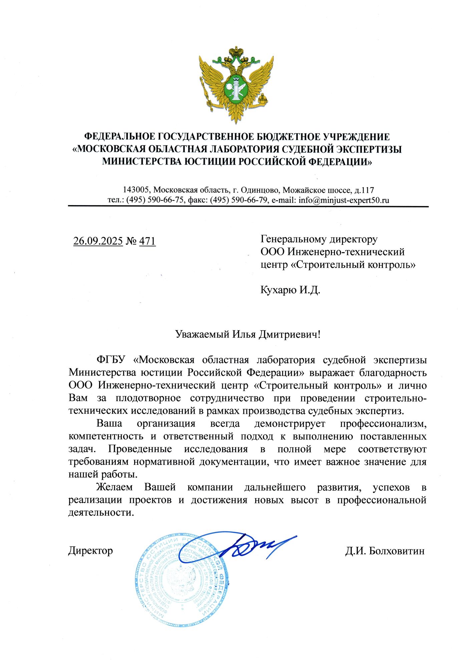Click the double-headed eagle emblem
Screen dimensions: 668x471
(x=236, y=85)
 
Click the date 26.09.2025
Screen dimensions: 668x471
(x=98, y=241)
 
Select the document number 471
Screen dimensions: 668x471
(x=147, y=241)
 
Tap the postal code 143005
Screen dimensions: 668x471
(x=136, y=190)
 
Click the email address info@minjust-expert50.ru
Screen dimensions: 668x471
(x=344, y=200)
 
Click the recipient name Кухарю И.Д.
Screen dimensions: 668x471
(x=290, y=290)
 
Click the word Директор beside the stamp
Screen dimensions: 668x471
(x=90, y=551)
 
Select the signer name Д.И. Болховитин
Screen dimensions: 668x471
(x=385, y=551)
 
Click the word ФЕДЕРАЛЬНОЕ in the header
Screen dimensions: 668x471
(x=119, y=137)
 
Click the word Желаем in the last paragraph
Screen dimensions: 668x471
(x=114, y=487)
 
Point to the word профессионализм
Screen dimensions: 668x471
(x=383, y=424)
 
